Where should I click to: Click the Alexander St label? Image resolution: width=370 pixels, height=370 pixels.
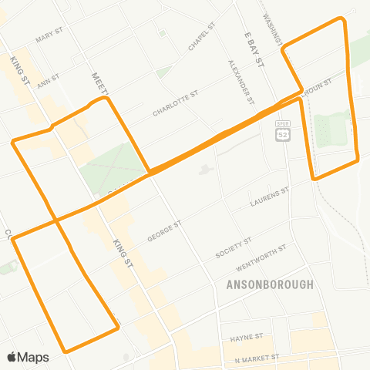(x=240, y=82)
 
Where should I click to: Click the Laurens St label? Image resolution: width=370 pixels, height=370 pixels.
(x=270, y=200)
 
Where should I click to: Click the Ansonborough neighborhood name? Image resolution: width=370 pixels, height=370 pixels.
(x=270, y=284)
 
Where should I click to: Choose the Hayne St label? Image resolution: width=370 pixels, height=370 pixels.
(x=247, y=338)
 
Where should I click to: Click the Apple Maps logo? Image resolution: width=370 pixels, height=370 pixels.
(x=28, y=357)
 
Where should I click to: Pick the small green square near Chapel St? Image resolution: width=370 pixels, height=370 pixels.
(x=162, y=34)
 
